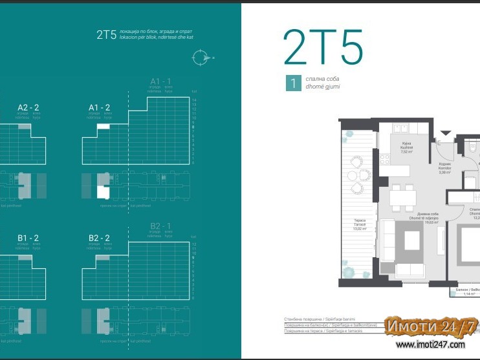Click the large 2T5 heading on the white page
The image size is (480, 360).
click(x=323, y=47)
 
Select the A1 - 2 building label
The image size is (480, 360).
click(x=99, y=107)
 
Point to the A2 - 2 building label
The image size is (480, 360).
click(x=29, y=107)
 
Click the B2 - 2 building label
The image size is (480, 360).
click(x=99, y=238)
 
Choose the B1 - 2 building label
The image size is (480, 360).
click(x=29, y=238)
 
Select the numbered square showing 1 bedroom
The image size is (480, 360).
click(x=294, y=83)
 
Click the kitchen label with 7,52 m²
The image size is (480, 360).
click(x=406, y=148)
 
